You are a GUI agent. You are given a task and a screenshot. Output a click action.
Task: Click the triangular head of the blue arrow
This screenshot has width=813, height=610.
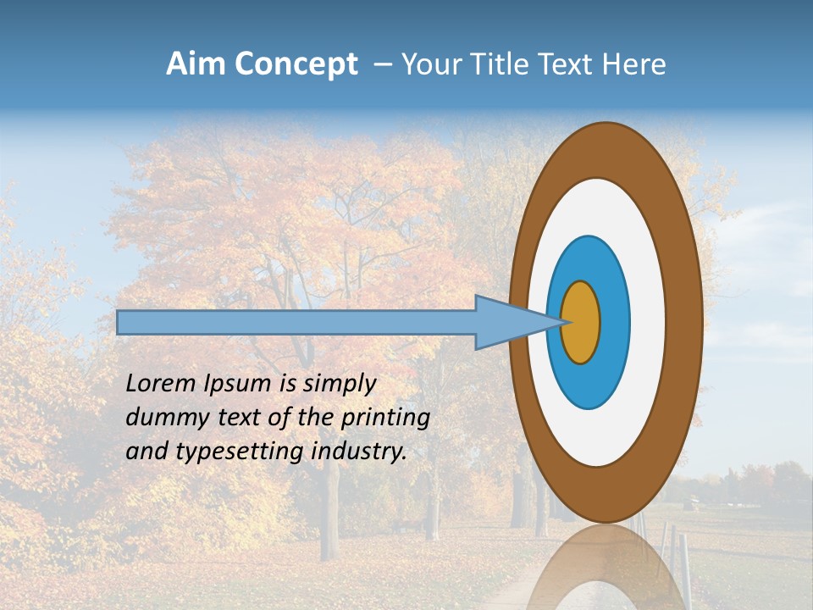(x=508, y=322)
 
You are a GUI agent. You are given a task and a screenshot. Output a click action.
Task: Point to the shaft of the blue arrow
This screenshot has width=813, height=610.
(x=296, y=322)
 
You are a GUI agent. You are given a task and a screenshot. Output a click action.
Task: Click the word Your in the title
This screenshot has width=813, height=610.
(x=431, y=64)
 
